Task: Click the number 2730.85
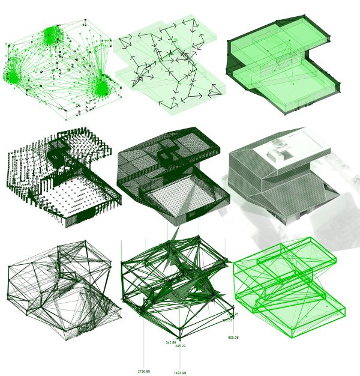pos(143,372)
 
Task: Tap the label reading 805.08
pos(233,338)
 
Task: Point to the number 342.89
pos(170,342)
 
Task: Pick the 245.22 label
pos(180,347)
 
